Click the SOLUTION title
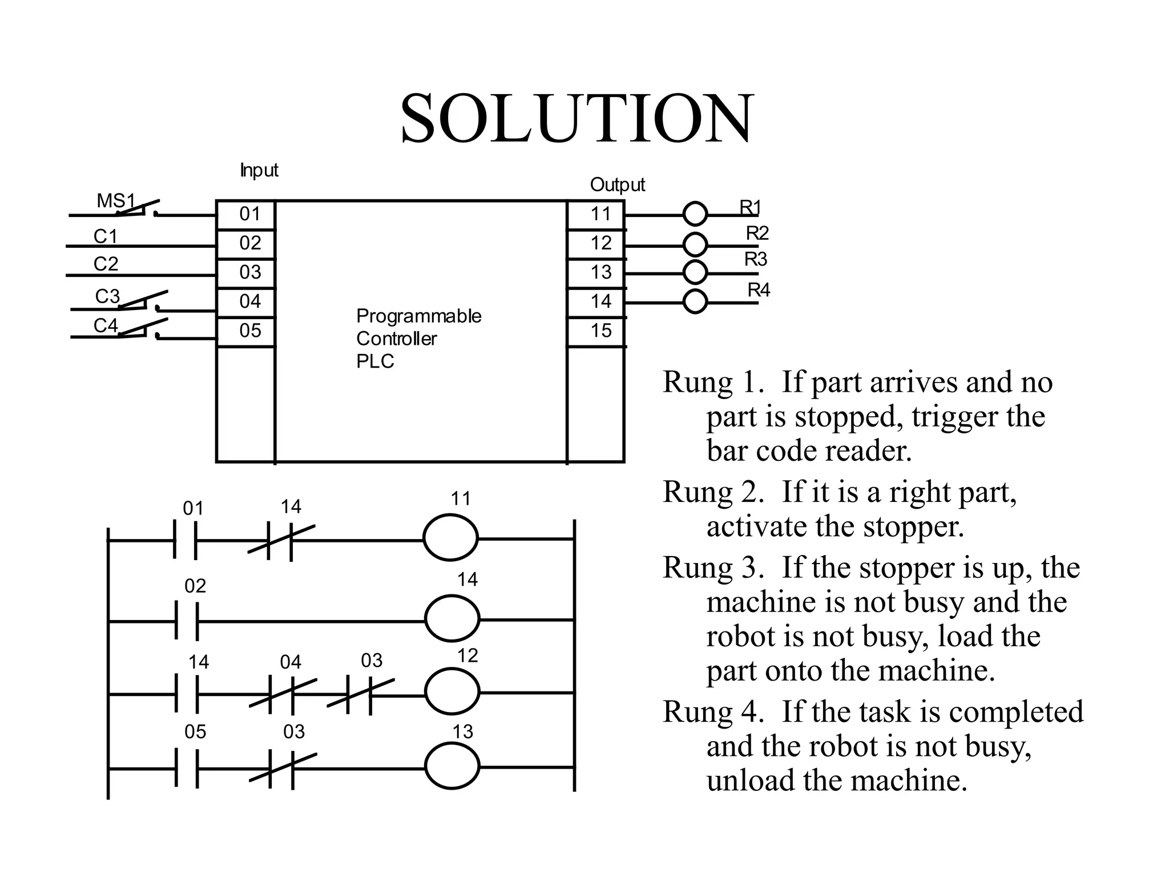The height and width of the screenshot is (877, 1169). (577, 119)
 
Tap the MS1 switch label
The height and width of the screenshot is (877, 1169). (116, 200)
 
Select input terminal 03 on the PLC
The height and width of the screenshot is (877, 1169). (250, 272)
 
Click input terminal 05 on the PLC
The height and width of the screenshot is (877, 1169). (250, 331)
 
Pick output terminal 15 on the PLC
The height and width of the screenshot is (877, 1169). (600, 331)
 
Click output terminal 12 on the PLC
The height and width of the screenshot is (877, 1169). (600, 243)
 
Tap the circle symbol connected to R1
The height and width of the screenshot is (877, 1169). (695, 214)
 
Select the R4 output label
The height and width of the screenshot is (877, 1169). (759, 290)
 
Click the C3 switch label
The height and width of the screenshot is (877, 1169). (107, 296)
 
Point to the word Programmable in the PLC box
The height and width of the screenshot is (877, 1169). (418, 316)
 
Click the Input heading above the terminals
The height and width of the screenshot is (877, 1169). (259, 170)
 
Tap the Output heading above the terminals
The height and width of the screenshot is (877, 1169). (617, 184)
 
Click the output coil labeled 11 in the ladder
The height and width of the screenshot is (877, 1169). (450, 537)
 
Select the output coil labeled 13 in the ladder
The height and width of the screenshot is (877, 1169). (452, 767)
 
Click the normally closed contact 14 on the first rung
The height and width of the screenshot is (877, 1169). (281, 540)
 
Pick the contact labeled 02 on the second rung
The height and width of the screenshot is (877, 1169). (187, 621)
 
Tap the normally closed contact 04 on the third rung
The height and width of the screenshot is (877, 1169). (283, 695)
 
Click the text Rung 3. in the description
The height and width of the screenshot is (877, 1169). (713, 568)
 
